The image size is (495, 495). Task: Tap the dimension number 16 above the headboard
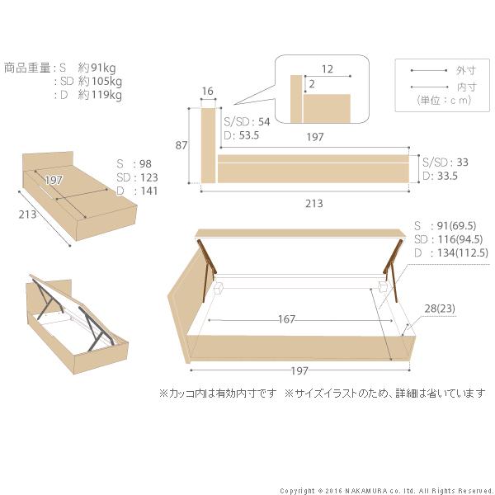207,92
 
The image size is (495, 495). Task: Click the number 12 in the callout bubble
328,70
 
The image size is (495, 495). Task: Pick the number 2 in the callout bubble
311,84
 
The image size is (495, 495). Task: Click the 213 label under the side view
313,203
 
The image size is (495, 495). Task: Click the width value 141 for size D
148,191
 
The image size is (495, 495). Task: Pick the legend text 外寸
465,71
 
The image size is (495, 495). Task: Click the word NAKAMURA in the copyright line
366,490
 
